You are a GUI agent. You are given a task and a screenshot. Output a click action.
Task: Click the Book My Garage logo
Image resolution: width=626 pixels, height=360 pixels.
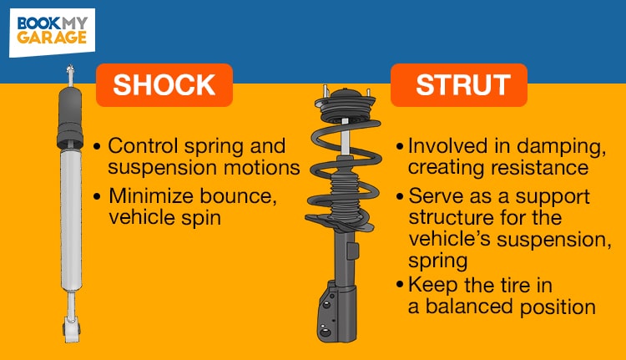point(52,31)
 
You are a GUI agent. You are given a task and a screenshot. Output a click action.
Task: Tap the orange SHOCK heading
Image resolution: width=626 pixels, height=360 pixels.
point(164,85)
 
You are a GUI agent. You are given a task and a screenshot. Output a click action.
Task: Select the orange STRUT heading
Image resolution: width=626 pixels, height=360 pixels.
point(458,85)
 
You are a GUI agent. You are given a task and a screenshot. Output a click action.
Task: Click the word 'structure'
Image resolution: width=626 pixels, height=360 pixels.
point(446,220)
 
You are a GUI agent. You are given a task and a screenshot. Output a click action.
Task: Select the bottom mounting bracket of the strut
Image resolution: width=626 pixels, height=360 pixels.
point(337,313)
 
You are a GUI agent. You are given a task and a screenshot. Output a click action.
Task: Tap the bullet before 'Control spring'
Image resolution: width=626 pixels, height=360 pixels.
point(99,145)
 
